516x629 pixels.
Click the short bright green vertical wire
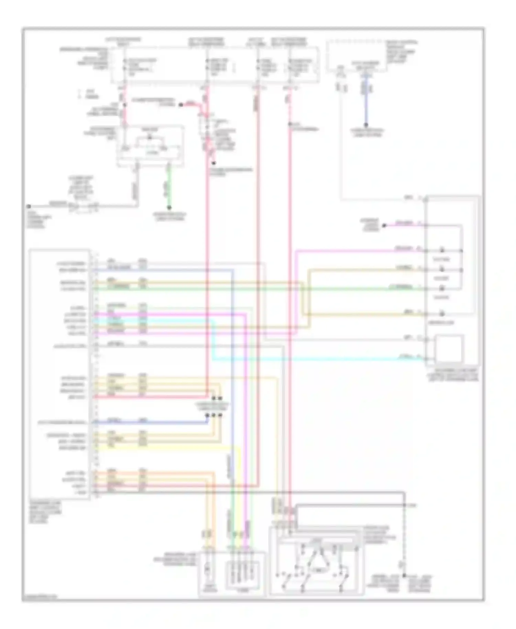click(x=169, y=186)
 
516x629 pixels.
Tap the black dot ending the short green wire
click(x=169, y=207)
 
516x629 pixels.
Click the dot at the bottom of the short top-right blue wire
click(x=366, y=125)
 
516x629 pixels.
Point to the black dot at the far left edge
click(x=29, y=206)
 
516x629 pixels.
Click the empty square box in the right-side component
click(x=449, y=348)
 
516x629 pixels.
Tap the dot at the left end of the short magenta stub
click(x=385, y=225)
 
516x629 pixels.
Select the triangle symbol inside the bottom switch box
click(x=318, y=562)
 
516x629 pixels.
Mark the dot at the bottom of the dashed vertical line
click(x=405, y=575)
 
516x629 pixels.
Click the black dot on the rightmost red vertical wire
click(x=290, y=124)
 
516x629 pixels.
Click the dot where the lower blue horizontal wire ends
click(x=207, y=415)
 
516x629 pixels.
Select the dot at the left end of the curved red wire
click(x=181, y=104)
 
